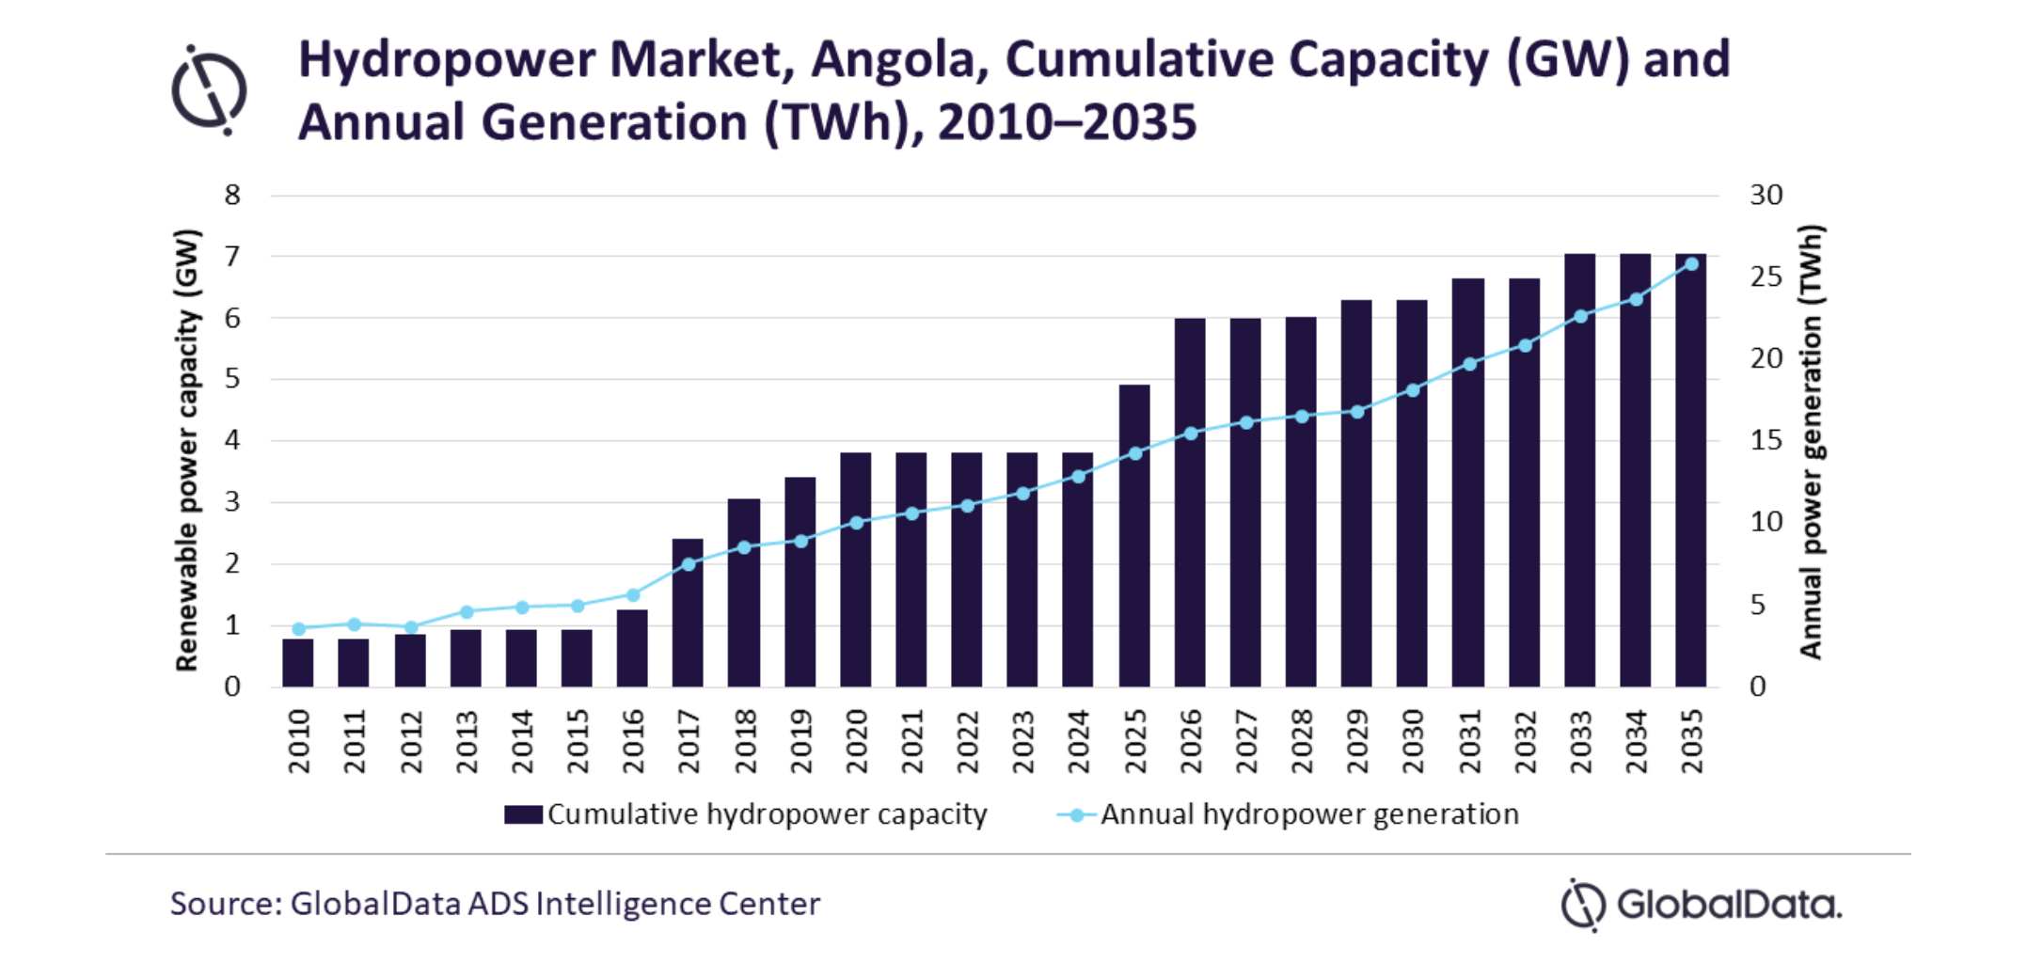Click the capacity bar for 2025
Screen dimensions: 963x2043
pyautogui.click(x=1134, y=536)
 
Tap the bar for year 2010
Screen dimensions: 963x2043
pyautogui.click(x=298, y=663)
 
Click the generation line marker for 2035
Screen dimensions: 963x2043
pyautogui.click(x=1691, y=264)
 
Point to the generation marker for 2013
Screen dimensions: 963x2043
pyautogui.click(x=467, y=612)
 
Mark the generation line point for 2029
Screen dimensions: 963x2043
pyautogui.click(x=1357, y=412)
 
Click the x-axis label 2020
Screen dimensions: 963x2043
pyautogui.click(x=856, y=742)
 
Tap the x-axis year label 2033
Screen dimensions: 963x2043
pyautogui.click(x=1580, y=742)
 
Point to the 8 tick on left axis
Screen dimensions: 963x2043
pyautogui.click(x=232, y=196)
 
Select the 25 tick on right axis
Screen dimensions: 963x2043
pyautogui.click(x=1766, y=276)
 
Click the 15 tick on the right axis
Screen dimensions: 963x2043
pyautogui.click(x=1766, y=440)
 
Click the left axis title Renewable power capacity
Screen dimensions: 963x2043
pyautogui.click(x=187, y=450)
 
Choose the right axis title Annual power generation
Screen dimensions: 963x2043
pyautogui.click(x=1811, y=442)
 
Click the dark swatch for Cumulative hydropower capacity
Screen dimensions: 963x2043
pyautogui.click(x=523, y=814)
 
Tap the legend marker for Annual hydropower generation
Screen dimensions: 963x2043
pyautogui.click(x=1076, y=815)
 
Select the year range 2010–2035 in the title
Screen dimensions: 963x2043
pyautogui.click(x=1068, y=123)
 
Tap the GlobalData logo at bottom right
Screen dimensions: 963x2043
pyautogui.click(x=1701, y=905)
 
